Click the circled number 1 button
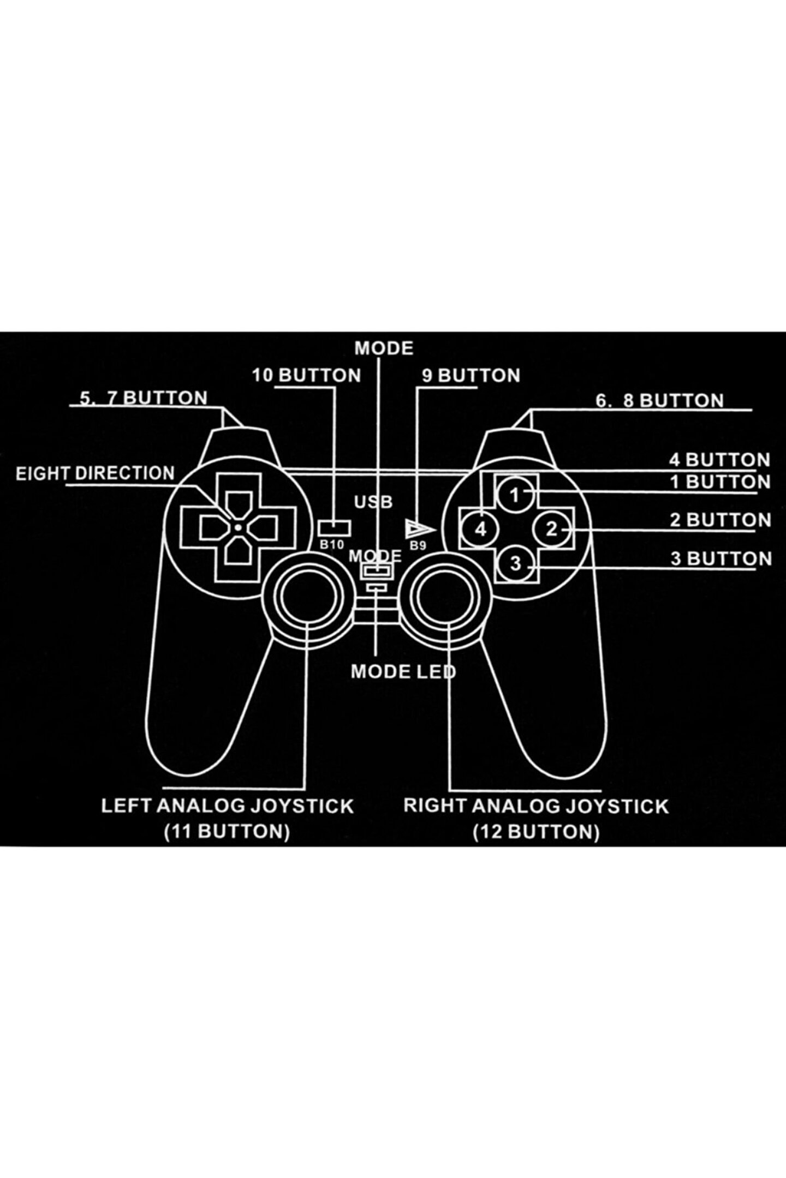(x=514, y=496)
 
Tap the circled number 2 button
(x=551, y=529)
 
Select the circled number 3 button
(x=515, y=563)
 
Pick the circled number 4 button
(x=480, y=529)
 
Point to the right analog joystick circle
(x=446, y=596)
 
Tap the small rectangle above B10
(x=334, y=527)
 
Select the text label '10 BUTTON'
(x=306, y=376)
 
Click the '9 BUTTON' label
(x=471, y=376)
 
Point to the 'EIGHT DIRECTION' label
(x=95, y=473)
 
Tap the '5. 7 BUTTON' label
(x=144, y=398)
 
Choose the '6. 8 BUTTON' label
(x=659, y=401)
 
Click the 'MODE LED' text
(x=403, y=672)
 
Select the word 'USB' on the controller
(x=373, y=502)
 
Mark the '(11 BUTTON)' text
(x=227, y=832)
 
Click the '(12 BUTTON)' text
(x=536, y=832)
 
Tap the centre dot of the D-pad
(x=238, y=527)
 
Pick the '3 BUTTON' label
(x=721, y=559)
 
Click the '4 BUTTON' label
(x=719, y=460)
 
